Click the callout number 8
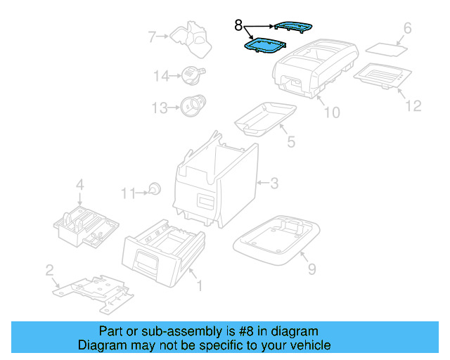[238, 27]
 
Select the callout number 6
[406, 29]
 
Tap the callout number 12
[413, 105]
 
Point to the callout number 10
[330, 112]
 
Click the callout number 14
[162, 76]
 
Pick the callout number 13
[160, 108]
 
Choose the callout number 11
[127, 192]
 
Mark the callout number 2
[49, 270]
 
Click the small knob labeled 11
[154, 188]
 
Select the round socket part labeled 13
[191, 106]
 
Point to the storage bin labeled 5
[266, 116]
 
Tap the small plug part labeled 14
[191, 73]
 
